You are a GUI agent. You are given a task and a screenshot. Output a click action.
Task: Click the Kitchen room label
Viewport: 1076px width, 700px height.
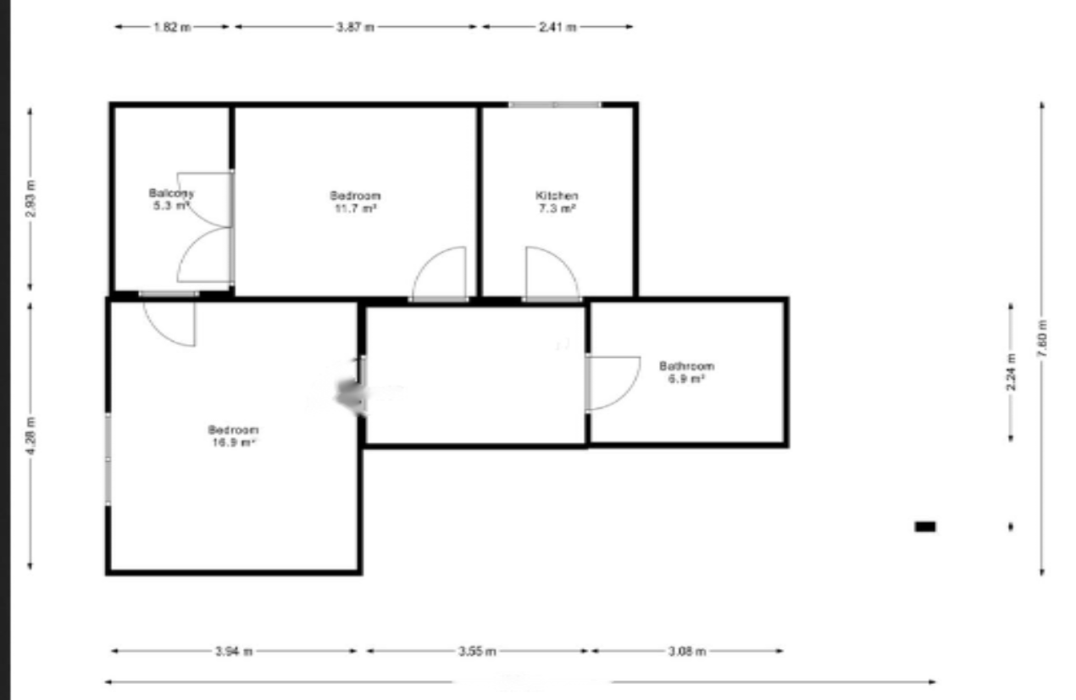pos(557,195)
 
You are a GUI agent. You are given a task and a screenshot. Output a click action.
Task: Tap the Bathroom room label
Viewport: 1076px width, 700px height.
pos(686,366)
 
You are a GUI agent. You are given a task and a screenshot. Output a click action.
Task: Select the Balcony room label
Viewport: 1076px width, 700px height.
pos(171,192)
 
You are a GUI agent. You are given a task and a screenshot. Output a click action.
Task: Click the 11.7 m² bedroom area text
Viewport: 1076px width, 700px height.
pos(354,208)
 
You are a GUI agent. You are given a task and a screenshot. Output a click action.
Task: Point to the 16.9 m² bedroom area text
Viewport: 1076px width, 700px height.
pos(232,442)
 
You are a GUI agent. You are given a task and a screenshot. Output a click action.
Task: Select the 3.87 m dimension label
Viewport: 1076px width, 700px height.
pos(355,27)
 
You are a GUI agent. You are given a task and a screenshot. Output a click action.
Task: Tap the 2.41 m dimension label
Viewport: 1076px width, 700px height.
pos(557,27)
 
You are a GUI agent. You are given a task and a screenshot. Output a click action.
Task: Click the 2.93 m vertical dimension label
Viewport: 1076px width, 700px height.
pos(31,200)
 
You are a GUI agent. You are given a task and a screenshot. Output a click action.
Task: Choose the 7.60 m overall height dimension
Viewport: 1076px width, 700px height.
pos(1042,339)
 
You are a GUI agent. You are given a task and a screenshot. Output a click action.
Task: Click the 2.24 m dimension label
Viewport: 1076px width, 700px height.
pos(1011,373)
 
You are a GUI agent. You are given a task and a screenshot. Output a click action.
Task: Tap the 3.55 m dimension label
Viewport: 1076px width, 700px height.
pos(477,651)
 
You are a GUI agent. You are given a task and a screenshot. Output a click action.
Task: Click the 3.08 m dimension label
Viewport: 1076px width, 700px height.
pos(686,651)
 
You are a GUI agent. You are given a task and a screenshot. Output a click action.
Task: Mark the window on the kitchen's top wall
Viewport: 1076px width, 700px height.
pos(555,104)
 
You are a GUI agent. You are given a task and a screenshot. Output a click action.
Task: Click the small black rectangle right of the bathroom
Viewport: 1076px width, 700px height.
pos(925,526)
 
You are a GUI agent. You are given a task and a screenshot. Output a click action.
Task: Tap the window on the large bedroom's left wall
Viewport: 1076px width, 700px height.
pos(108,459)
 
